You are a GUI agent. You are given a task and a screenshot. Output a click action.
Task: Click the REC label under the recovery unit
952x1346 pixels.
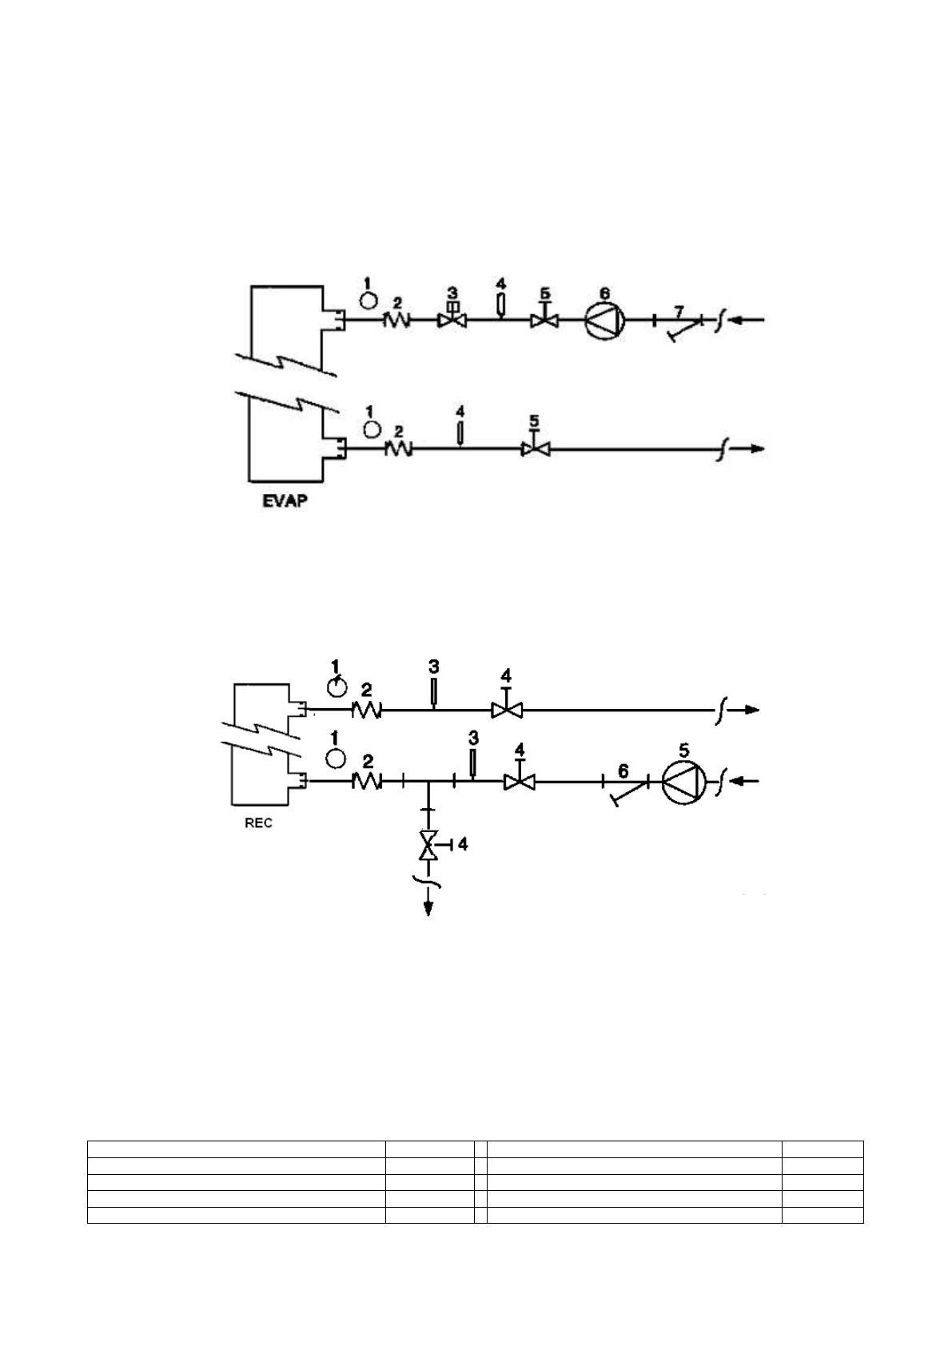(257, 823)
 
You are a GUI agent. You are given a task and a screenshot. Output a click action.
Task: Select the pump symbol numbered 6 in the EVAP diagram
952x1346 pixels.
(603, 321)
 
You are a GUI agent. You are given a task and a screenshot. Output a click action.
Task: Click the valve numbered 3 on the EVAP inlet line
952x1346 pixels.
(452, 320)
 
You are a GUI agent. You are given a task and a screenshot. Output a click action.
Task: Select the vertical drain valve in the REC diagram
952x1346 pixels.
(429, 845)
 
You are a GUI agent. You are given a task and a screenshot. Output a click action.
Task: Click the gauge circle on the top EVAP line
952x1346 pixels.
(368, 300)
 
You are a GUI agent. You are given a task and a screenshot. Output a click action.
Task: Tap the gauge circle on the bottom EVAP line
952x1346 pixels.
(371, 429)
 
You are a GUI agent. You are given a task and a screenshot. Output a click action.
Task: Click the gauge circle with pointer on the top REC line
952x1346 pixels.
(339, 685)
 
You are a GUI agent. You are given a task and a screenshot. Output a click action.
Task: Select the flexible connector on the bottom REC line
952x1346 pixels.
(366, 782)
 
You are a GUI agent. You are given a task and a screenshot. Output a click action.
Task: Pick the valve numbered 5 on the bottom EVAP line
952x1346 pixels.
(536, 449)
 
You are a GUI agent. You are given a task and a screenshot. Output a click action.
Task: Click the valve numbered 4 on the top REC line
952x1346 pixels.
(506, 709)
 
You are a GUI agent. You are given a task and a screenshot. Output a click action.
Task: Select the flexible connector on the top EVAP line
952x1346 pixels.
(397, 320)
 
